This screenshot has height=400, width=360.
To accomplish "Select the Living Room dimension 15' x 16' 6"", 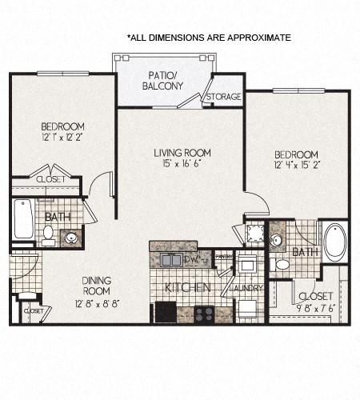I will pyautogui.click(x=182, y=165).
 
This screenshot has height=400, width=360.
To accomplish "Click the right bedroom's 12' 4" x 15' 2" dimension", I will pyautogui.click(x=296, y=166).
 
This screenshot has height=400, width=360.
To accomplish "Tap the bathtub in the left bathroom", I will pyautogui.click(x=24, y=218).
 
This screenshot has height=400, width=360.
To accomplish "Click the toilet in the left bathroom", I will pyautogui.click(x=49, y=234).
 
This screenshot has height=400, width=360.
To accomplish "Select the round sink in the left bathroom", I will pyautogui.click(x=71, y=238).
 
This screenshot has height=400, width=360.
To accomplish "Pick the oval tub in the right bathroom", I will pyautogui.click(x=334, y=242).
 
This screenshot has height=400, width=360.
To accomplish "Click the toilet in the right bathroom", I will pyautogui.click(x=281, y=263).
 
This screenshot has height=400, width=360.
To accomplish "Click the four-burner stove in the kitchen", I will pyautogui.click(x=203, y=314).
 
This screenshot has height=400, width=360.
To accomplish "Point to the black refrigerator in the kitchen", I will pyautogui.click(x=166, y=311).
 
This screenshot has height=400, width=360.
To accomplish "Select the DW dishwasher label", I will pyautogui.click(x=191, y=259).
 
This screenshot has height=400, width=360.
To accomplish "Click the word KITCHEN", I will pyautogui.click(x=187, y=287).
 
